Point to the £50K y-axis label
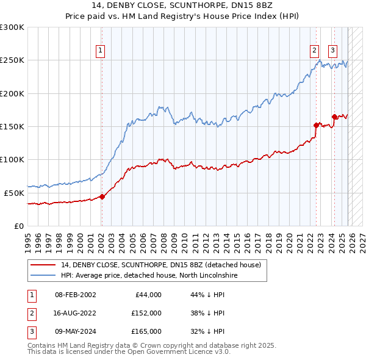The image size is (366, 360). click(x=14, y=193)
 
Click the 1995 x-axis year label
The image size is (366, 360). click(x=28, y=237)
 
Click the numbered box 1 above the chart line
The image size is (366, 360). click(x=99, y=51)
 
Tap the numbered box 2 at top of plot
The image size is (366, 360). click(x=314, y=51)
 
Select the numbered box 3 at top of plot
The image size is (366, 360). click(x=333, y=51)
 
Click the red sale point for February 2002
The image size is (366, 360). click(x=102, y=196)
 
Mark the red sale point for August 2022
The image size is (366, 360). click(x=317, y=125)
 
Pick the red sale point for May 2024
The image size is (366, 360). click(x=334, y=117)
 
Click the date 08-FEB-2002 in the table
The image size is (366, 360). click(x=75, y=295)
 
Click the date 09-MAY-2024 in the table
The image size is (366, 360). click(x=75, y=331)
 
